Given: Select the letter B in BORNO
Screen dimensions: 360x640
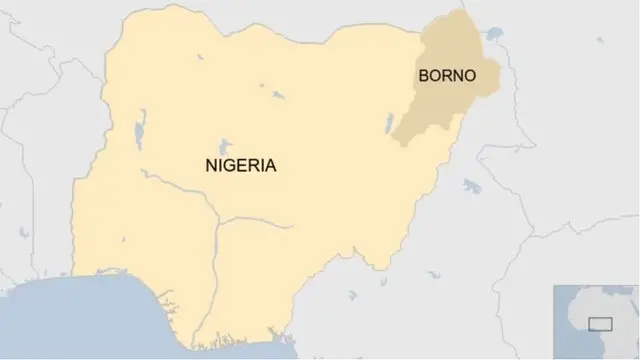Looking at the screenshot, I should pos(423,76).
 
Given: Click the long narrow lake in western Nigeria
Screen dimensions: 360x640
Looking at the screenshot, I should pos(140,125).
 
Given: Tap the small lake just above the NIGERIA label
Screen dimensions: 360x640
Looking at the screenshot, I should pos(225,143).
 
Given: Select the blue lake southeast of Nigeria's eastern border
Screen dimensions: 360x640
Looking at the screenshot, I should pos(471,185).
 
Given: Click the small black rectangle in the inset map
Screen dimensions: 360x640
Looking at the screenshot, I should pos(600,323).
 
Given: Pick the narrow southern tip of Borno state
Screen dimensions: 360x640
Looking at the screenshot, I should pos(402,140).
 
